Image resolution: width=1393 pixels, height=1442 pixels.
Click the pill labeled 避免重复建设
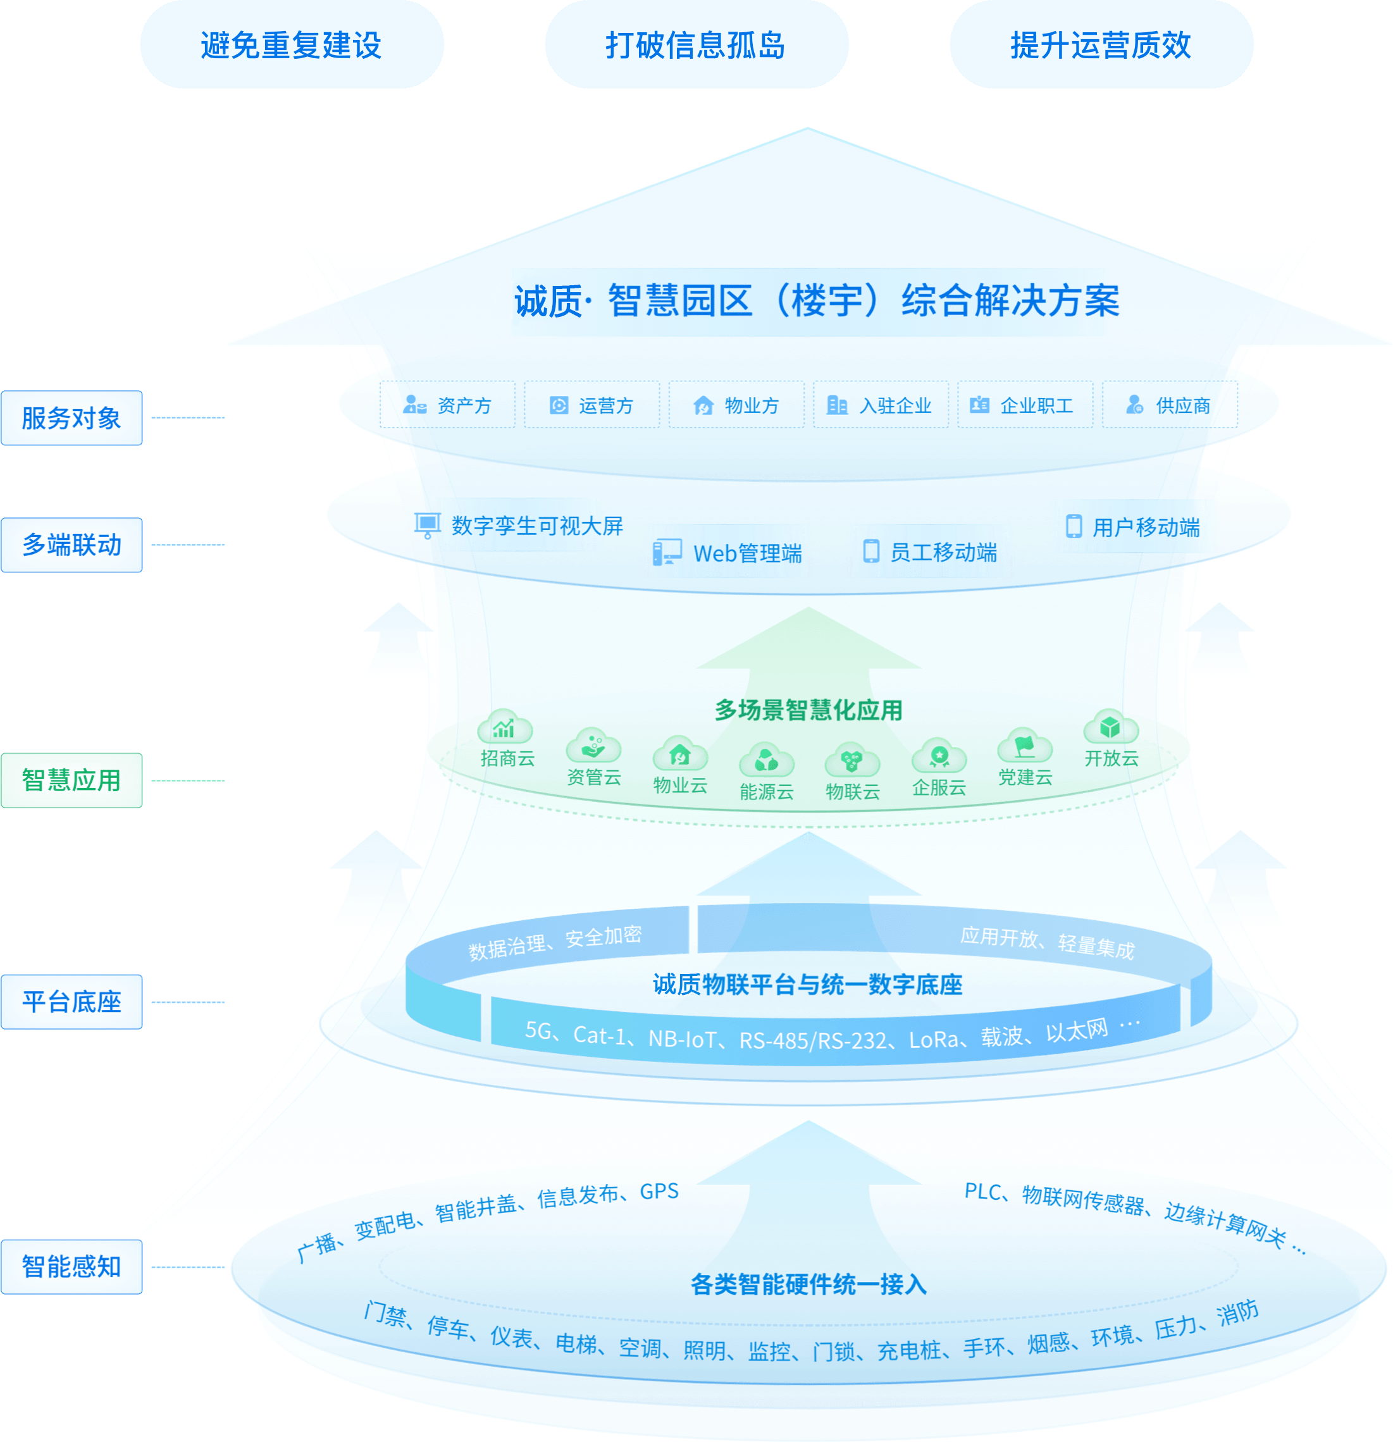[292, 45]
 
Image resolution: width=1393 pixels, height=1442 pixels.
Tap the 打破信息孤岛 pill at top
[696, 45]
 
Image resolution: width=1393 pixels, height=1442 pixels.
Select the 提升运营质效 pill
[1101, 45]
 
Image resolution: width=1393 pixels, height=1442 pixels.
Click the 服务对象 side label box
[71, 418]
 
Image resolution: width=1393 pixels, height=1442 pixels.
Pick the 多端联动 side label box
[71, 545]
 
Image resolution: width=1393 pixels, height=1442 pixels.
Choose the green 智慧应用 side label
[71, 780]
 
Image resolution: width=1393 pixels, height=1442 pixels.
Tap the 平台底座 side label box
[71, 1002]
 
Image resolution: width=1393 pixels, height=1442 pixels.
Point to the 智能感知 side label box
[71, 1267]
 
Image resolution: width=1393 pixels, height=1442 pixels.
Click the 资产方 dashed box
[447, 405]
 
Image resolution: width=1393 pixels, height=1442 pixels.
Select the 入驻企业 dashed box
[880, 405]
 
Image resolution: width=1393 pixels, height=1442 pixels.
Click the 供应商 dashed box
[1169, 405]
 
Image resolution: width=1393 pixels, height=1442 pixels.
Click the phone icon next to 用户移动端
[1074, 526]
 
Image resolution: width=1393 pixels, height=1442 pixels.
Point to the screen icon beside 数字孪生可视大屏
[427, 524]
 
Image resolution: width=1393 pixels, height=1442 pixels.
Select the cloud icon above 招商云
[505, 727]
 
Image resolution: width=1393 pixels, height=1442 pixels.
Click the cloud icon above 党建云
[1024, 747]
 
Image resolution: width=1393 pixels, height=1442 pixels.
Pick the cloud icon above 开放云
[1110, 727]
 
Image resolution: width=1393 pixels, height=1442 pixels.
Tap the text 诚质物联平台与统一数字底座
[807, 984]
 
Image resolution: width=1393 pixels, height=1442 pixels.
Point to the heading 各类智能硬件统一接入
[808, 1285]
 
